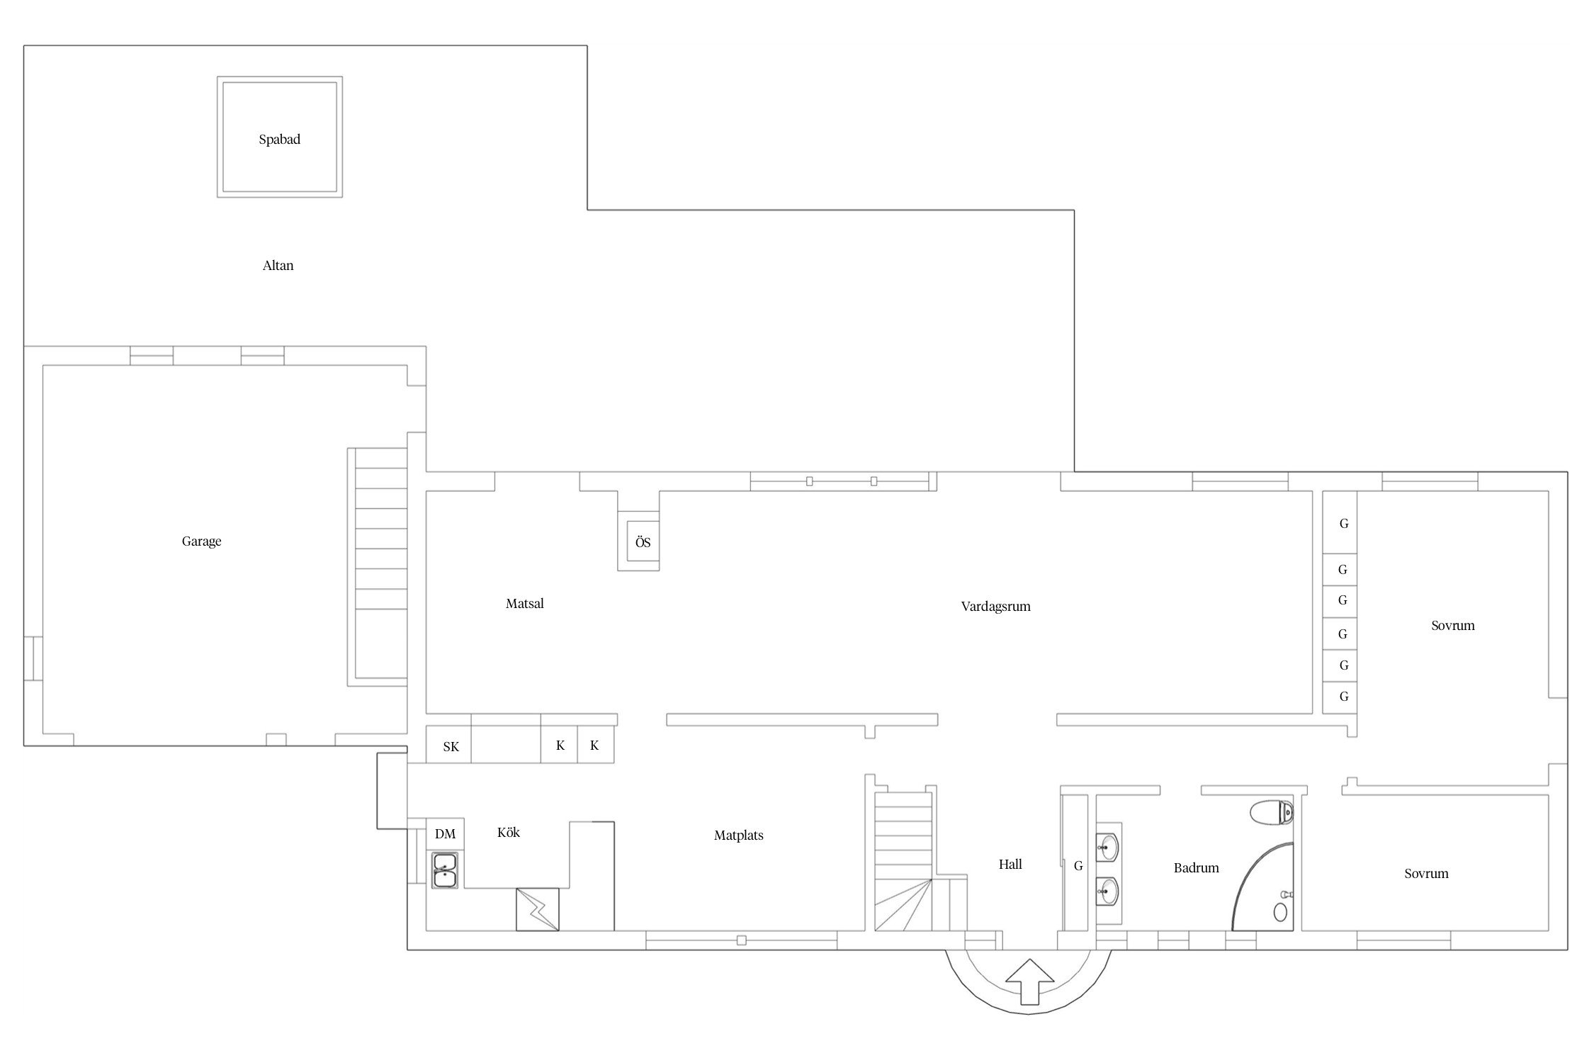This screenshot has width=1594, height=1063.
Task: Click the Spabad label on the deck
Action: click(279, 140)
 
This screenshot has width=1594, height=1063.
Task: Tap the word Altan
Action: click(278, 266)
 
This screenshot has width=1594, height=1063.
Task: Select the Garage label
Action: click(201, 541)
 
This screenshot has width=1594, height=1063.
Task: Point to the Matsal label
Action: click(524, 604)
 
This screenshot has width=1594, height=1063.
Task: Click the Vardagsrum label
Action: click(995, 607)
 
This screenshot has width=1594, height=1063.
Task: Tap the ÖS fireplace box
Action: click(643, 542)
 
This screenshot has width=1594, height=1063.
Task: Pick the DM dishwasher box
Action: click(445, 834)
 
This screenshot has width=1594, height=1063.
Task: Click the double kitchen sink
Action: click(445, 870)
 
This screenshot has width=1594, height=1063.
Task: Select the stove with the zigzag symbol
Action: click(538, 909)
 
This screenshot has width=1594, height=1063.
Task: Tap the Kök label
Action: click(508, 833)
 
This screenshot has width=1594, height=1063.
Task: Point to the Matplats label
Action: click(738, 836)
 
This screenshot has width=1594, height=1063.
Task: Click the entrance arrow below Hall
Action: click(1029, 981)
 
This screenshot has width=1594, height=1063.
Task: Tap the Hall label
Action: click(1010, 865)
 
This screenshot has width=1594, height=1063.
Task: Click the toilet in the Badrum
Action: click(1272, 813)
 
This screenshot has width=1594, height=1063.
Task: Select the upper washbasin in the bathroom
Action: click(1108, 845)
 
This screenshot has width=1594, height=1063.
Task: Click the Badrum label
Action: click(1196, 868)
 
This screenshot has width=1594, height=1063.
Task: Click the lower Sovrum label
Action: click(1426, 874)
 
